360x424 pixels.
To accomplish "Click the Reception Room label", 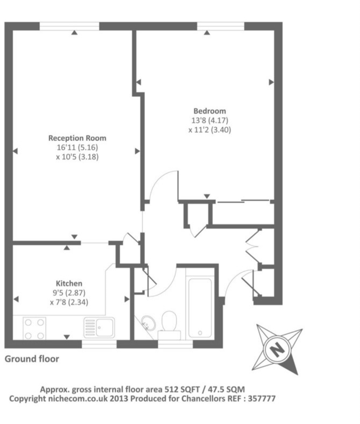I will click(x=77, y=138).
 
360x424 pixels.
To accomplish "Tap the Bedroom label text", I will click(x=209, y=111).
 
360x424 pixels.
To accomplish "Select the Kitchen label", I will click(x=69, y=283).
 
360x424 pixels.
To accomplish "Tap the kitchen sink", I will click(x=99, y=327).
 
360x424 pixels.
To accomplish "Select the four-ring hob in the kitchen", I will click(x=34, y=328).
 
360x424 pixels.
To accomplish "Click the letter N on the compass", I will click(x=277, y=349).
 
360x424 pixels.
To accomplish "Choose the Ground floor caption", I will click(x=32, y=359).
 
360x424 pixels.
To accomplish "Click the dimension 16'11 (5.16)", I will click(x=77, y=147).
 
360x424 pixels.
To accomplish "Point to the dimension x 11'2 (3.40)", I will click(x=209, y=130).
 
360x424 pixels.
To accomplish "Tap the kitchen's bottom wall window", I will click(x=99, y=344).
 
